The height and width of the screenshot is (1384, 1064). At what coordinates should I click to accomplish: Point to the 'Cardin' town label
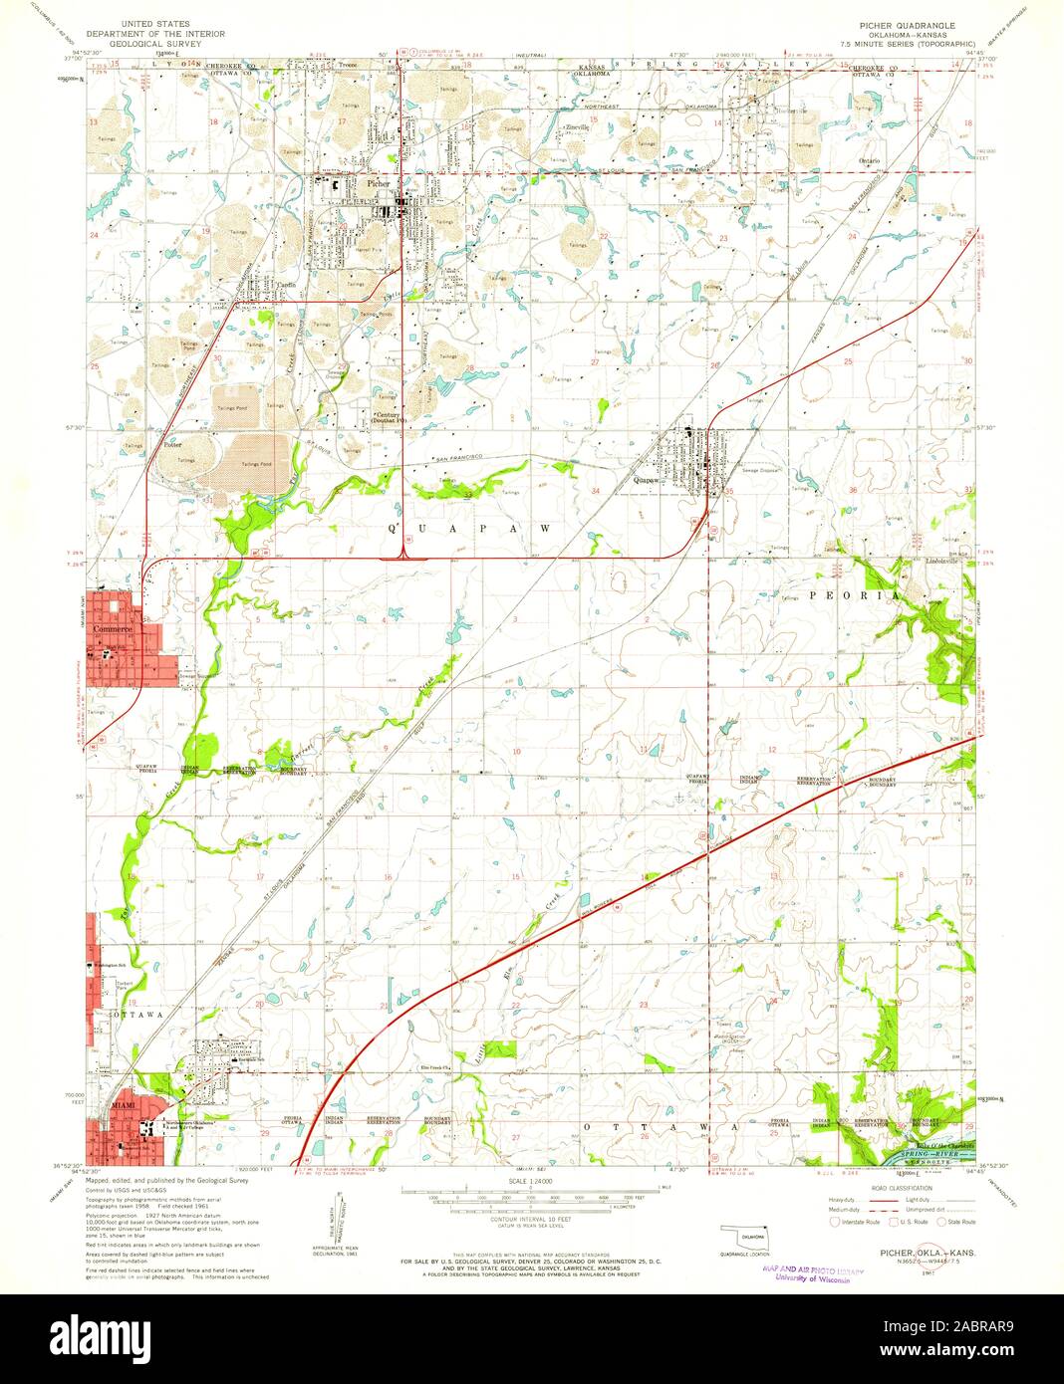click(288, 284)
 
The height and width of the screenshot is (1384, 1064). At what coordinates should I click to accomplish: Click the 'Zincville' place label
click(577, 127)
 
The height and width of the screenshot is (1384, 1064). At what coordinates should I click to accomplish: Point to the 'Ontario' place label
click(869, 160)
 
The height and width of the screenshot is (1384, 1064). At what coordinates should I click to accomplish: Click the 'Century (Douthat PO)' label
click(389, 417)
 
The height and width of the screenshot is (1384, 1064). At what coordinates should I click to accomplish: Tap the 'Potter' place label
click(171, 445)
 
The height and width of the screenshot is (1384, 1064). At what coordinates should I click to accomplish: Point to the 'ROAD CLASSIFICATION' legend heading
click(902, 1188)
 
